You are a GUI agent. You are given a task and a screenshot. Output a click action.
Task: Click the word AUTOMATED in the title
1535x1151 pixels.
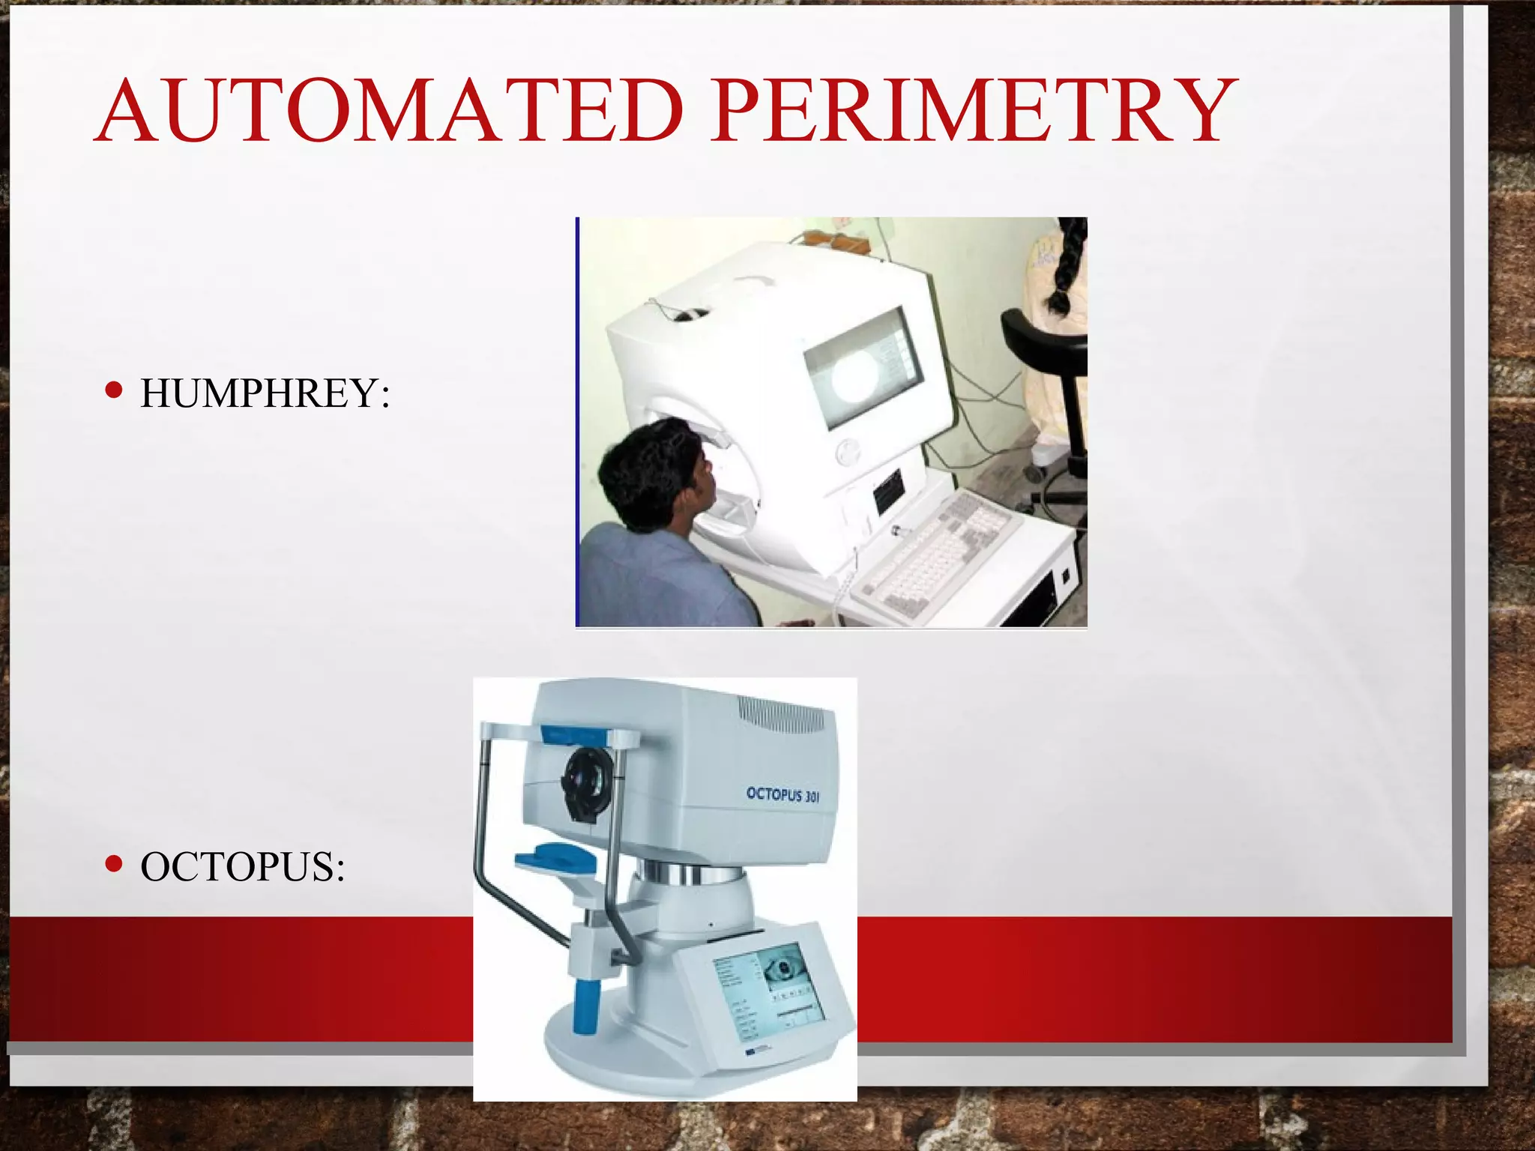(x=390, y=111)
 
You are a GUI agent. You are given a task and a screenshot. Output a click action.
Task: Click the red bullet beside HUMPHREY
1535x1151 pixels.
(x=114, y=390)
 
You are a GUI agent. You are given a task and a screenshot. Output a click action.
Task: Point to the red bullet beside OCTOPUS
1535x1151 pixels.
(x=114, y=864)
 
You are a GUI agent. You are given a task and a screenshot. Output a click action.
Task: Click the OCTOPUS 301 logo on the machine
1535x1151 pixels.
(x=782, y=794)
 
